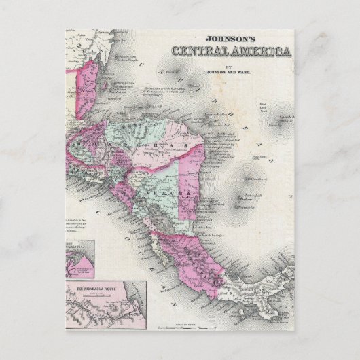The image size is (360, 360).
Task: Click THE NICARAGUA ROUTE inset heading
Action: click(x=95, y=289)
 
